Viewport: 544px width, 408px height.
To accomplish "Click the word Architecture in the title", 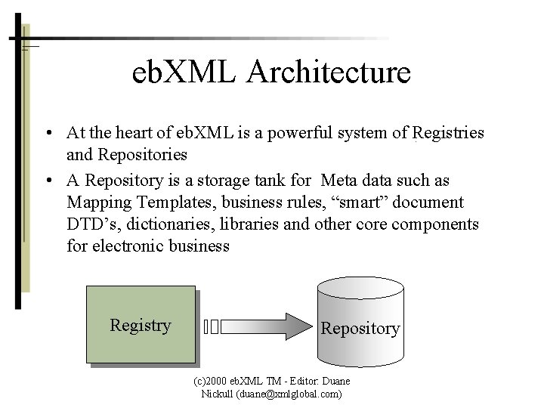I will click(x=329, y=73).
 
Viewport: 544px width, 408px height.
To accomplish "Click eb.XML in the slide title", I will click(x=184, y=73).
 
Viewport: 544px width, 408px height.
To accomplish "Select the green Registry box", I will click(x=141, y=326).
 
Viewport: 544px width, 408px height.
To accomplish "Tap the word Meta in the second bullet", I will click(x=338, y=181).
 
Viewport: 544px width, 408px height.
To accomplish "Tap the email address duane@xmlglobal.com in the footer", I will click(x=289, y=394).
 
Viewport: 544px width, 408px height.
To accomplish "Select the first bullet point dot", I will click(x=48, y=134).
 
